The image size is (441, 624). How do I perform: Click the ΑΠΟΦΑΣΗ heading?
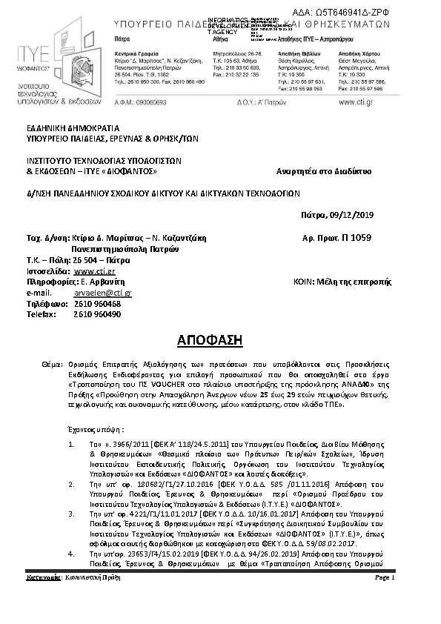click(x=220, y=340)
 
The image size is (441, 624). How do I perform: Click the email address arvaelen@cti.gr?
click(x=103, y=293)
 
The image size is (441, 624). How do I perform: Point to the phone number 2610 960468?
click(x=97, y=304)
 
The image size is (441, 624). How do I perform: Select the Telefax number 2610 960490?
click(x=97, y=314)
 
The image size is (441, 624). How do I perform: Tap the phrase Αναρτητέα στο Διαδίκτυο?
click(x=325, y=171)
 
